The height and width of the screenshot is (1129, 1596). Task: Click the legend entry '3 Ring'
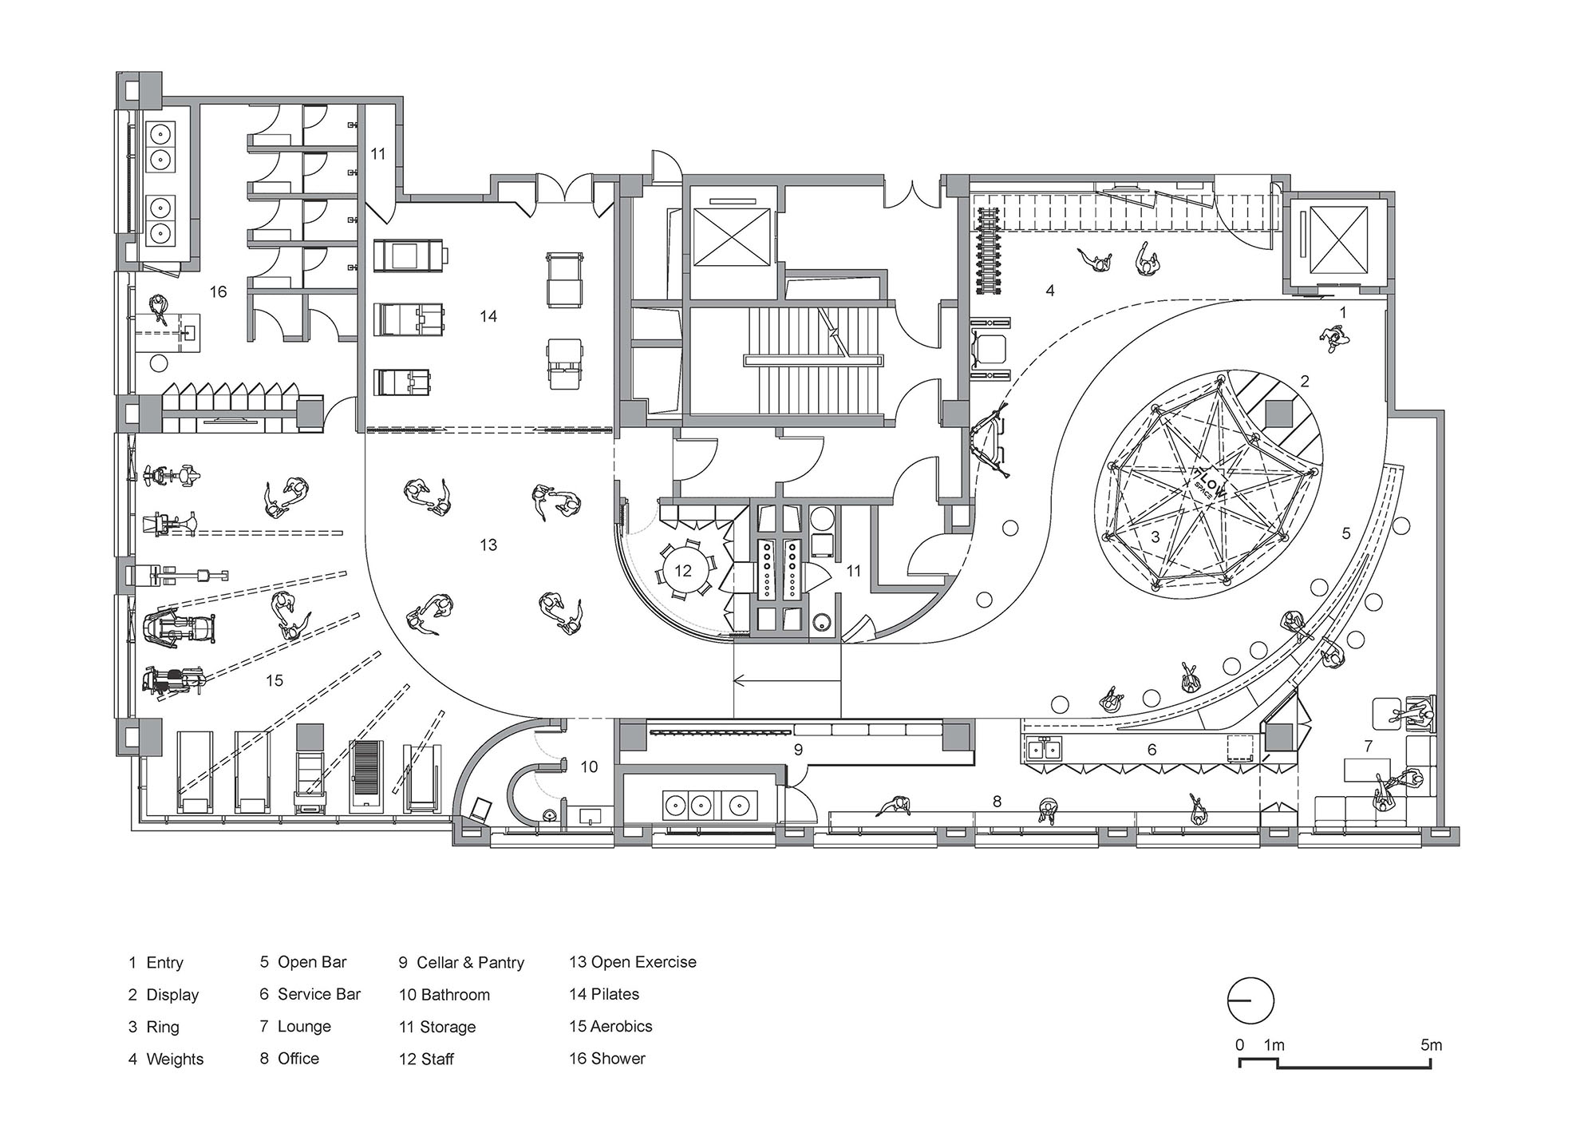[x=154, y=1027]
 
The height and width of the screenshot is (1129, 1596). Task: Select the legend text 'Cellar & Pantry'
[x=470, y=963]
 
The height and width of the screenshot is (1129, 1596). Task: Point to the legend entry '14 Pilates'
[x=603, y=994]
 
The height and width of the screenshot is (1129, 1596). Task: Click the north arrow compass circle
[x=1250, y=1001]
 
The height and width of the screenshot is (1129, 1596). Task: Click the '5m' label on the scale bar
[x=1432, y=1045]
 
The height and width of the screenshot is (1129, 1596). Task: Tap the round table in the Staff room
[x=682, y=570]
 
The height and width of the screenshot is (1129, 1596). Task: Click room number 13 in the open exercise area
[x=488, y=545]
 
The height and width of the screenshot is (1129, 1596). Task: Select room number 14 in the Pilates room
[x=488, y=316]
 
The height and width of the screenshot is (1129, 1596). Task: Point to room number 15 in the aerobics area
[x=274, y=680]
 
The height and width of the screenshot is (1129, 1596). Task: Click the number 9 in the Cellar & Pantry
[x=798, y=750]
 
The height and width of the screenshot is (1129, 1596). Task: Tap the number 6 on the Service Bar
[x=1152, y=750]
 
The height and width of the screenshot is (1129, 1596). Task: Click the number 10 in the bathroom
[x=589, y=767]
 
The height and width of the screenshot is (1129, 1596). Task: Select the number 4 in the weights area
[x=1050, y=291]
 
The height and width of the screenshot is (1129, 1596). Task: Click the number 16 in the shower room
[x=218, y=292]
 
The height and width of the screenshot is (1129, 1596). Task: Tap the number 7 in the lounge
[x=1369, y=747]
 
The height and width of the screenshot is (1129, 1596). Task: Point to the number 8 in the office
[x=997, y=801]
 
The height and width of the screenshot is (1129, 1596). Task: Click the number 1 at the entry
[x=1343, y=313]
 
